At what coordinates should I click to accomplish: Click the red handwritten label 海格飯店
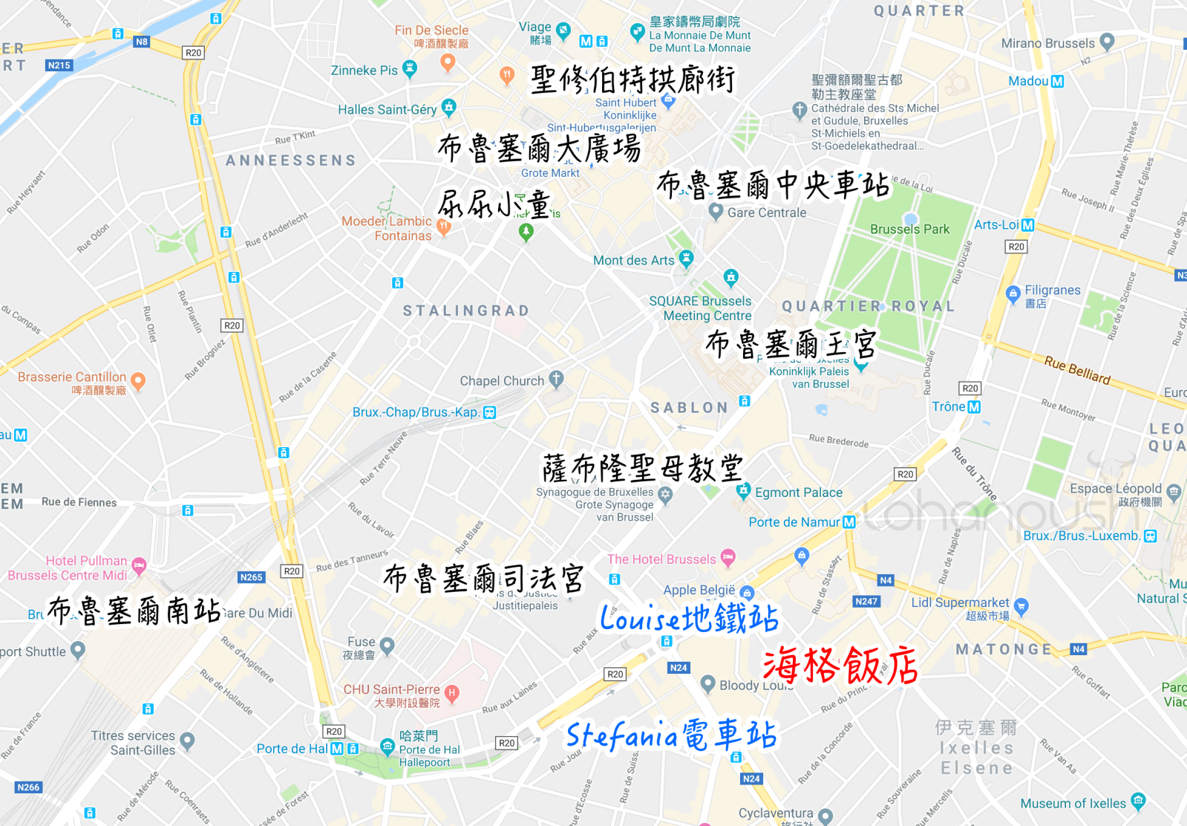point(840,664)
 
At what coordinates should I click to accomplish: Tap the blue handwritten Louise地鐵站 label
point(689,618)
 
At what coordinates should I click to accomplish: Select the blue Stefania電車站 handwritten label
point(671,735)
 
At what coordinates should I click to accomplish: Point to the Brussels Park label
point(909,230)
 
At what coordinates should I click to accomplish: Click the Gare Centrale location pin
point(716,212)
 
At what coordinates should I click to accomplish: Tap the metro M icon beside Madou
point(1057,81)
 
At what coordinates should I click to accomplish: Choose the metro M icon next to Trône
point(974,407)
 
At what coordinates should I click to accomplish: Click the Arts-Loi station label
point(996,224)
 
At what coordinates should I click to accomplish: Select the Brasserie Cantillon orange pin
point(137,382)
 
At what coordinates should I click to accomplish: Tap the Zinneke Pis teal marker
point(409,69)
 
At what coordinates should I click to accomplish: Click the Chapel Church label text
point(502,381)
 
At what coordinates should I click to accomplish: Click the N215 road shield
point(59,65)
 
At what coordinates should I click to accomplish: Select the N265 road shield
point(251,577)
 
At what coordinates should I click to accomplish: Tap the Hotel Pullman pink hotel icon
point(139,565)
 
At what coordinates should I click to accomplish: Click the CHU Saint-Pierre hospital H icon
point(451,694)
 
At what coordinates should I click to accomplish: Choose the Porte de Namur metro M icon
point(849,522)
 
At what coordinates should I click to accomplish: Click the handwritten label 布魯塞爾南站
point(134,611)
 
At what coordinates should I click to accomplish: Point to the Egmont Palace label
point(798,492)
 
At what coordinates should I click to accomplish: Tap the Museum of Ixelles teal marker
point(1138,801)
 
